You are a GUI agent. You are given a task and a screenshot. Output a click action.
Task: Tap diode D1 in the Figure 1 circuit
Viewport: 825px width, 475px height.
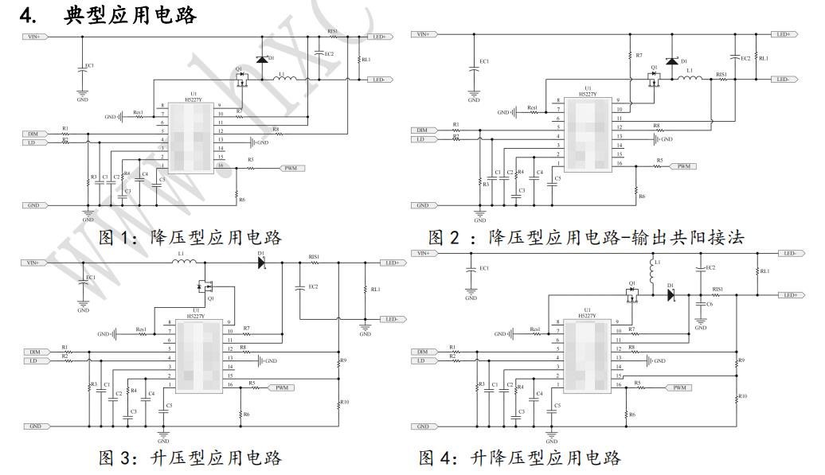(x=261, y=59)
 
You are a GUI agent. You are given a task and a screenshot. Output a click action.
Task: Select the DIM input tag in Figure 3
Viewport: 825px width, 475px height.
(x=34, y=351)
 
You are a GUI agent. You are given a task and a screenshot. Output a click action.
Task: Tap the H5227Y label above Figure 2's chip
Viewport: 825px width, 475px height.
(x=587, y=94)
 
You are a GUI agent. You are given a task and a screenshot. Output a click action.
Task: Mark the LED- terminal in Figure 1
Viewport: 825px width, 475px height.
(x=377, y=80)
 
